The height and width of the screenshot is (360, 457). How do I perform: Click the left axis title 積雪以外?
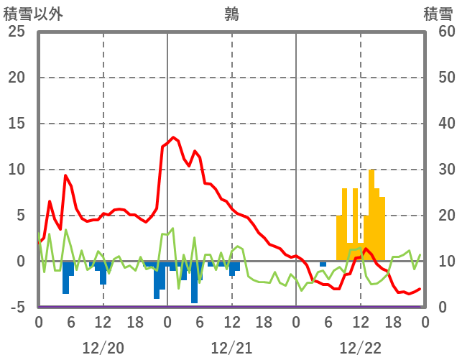point(28,13)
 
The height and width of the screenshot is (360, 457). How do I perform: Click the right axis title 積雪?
point(438,13)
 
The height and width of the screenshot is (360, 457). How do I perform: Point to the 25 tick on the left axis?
point(17,32)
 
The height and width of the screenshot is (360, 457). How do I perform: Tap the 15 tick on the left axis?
point(17,124)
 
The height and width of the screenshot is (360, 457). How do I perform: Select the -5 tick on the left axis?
point(17,308)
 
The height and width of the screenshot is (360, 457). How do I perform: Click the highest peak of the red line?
point(173,137)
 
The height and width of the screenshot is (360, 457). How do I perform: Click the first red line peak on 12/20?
point(65,175)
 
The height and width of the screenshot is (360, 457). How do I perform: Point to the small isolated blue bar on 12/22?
point(323,264)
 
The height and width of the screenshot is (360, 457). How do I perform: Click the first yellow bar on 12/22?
point(339,238)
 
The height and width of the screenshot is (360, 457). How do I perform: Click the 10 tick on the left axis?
point(17,170)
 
